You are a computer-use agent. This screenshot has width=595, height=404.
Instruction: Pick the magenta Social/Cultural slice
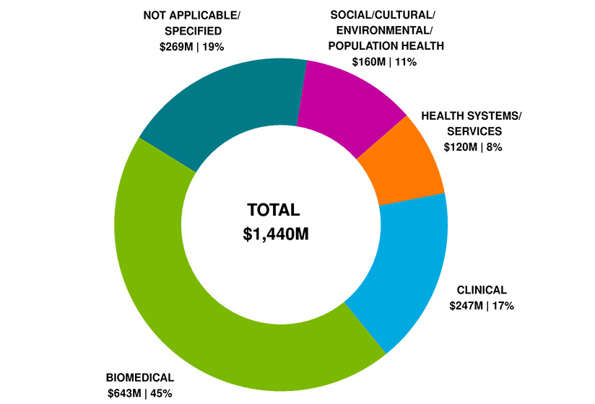[x=347, y=105]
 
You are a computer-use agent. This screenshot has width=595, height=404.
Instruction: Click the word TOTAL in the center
[x=273, y=210]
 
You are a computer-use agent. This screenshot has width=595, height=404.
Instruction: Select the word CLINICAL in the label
[x=480, y=290]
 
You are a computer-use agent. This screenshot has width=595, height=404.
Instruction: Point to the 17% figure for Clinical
[x=503, y=305]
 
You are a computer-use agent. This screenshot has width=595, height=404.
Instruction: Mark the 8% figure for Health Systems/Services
[x=495, y=146]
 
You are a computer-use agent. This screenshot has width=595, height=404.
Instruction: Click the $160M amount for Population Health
[x=370, y=61]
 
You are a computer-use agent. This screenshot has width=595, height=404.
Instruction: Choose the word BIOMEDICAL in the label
[x=140, y=377]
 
